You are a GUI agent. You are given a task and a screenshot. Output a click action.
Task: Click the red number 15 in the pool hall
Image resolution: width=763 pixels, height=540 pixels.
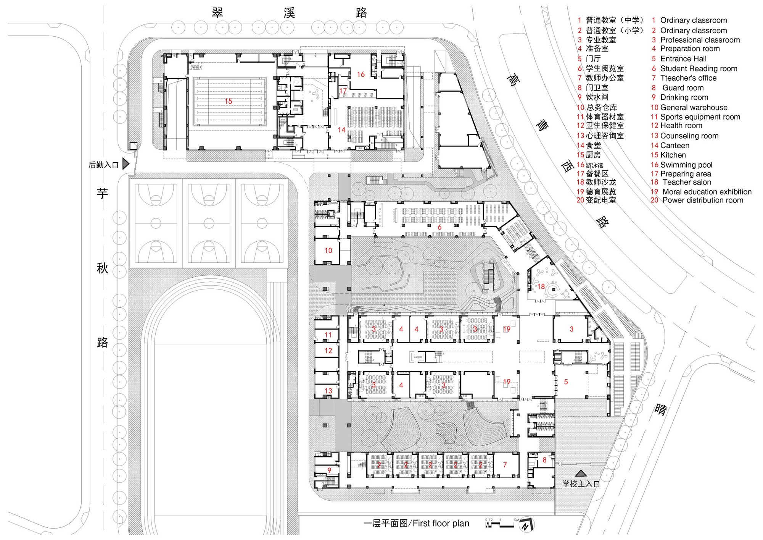click(228, 101)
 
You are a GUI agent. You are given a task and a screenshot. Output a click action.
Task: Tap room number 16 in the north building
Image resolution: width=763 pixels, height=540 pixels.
click(361, 74)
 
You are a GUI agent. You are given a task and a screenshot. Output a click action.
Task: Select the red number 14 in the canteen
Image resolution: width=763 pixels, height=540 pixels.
click(341, 130)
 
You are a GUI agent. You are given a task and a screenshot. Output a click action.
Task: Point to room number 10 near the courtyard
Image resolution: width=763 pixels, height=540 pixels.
click(328, 251)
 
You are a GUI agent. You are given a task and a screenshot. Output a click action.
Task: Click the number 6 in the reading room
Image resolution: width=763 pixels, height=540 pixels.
click(439, 227)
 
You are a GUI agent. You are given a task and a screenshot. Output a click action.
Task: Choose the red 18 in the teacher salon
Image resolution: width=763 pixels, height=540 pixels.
click(541, 286)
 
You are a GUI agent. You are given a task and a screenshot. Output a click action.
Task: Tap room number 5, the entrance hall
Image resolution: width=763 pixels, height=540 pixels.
click(566, 382)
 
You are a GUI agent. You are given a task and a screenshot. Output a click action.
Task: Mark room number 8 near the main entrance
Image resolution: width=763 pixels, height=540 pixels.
click(544, 460)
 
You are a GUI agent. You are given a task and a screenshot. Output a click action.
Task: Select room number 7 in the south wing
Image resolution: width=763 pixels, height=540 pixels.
click(505, 465)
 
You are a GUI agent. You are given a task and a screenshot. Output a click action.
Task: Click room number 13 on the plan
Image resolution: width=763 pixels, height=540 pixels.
click(328, 391)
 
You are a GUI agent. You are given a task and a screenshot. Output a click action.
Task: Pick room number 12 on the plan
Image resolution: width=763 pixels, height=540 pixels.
click(328, 351)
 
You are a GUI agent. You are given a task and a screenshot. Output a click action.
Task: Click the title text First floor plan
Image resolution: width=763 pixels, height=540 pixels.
click(441, 523)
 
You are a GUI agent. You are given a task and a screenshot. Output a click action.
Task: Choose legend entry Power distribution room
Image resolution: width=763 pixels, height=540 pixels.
click(702, 200)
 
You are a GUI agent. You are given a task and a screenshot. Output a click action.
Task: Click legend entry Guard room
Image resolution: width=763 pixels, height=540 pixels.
click(683, 88)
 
